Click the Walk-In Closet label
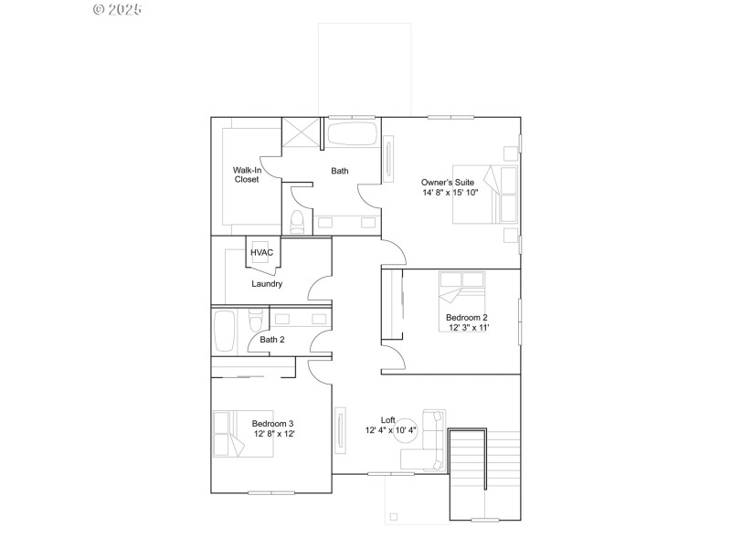pos(246,174)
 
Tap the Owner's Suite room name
pos(448,181)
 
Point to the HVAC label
pos(261,252)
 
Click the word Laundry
pos(267,283)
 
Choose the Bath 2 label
pos(272,340)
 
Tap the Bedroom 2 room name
pos(467,317)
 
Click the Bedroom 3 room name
pos(273,423)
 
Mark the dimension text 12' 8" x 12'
pos(273,434)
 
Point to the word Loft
pos(387,419)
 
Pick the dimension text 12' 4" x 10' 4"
pos(391,430)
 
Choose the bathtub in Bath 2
pos(225,332)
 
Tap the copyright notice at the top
pos(118,9)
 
